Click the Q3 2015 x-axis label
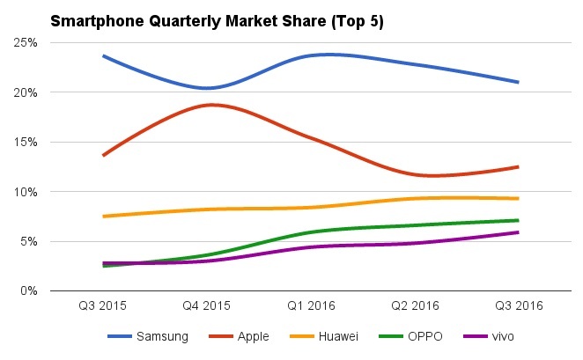(x=103, y=306)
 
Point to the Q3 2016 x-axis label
(x=519, y=306)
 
